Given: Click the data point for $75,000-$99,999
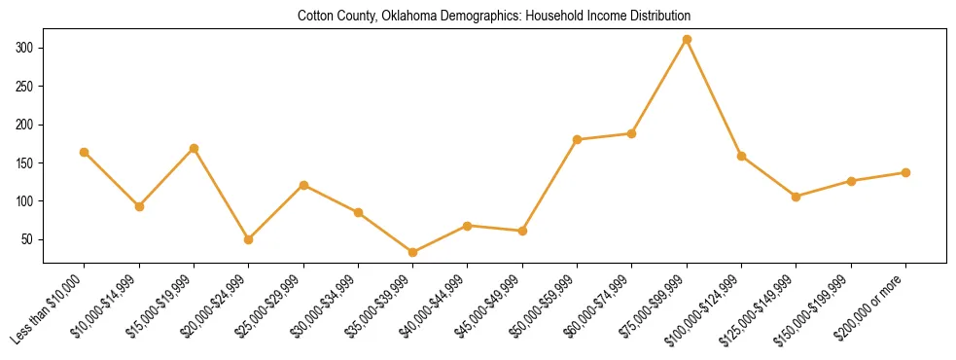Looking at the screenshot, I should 687,39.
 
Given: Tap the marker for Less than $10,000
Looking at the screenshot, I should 85,152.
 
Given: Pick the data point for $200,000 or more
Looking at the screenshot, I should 905,172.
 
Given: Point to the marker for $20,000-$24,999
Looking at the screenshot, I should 249,239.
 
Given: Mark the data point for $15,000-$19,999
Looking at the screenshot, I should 194,148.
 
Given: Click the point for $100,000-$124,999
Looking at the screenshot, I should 741,156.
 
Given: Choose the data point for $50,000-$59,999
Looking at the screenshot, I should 578,139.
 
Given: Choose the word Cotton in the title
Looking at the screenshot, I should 316,17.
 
